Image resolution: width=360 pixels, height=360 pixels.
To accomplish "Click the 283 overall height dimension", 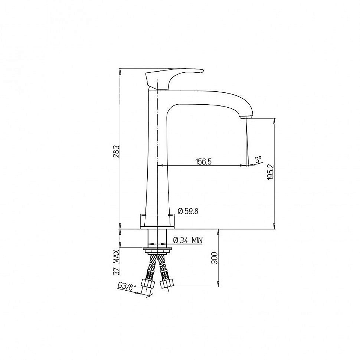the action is click(117, 151).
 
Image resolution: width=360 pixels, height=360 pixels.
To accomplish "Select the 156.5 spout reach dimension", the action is click(203, 162).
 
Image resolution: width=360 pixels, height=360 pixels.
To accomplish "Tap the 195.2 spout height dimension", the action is click(271, 172).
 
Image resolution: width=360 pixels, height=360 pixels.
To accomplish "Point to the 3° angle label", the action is click(259, 159).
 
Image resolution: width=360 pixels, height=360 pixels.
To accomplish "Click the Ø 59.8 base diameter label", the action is click(188, 211).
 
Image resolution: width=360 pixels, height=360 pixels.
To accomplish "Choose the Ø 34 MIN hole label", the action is click(188, 240).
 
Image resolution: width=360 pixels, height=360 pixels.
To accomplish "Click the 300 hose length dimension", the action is click(214, 258).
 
